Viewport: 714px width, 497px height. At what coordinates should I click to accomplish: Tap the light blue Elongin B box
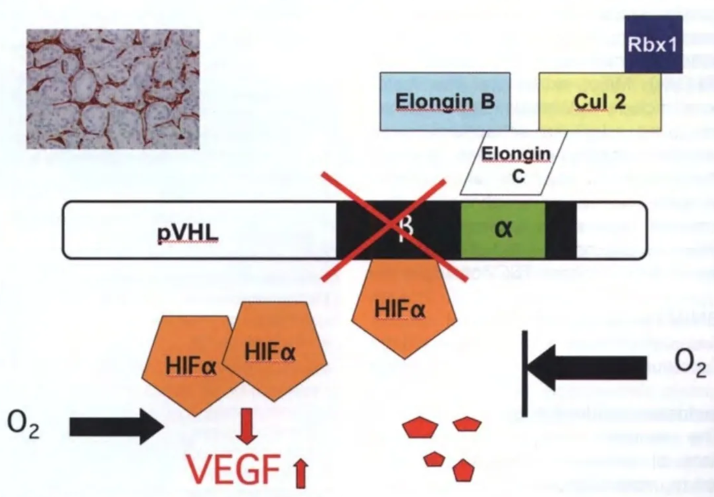[445, 101]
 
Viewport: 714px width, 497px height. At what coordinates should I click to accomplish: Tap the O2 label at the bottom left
[24, 427]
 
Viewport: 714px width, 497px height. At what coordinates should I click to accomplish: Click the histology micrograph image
[113, 89]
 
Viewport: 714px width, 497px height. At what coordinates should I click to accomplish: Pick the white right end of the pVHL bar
[609, 229]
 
